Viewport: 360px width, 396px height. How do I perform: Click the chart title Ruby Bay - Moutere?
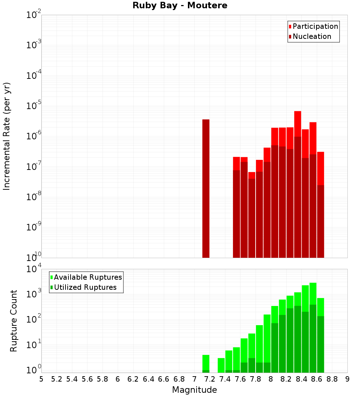point(180,6)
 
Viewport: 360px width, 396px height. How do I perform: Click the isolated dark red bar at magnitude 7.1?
point(206,187)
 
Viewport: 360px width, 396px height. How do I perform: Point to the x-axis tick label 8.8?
point(332,379)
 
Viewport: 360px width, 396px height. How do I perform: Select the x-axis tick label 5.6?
point(87,379)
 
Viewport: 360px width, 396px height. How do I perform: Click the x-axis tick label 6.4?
point(148,379)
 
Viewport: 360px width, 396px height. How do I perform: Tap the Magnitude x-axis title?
point(194,390)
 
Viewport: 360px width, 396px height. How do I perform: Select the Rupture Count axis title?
point(14,320)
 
